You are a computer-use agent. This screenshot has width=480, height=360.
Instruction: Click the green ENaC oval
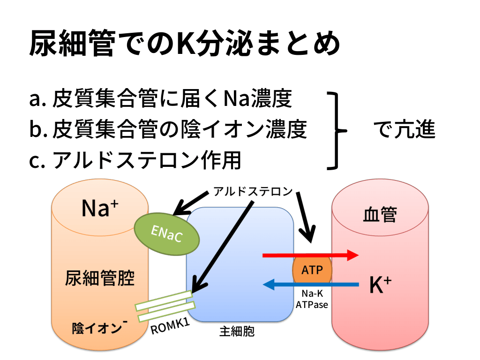click(x=167, y=233)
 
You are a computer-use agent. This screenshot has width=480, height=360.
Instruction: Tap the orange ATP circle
click(x=312, y=270)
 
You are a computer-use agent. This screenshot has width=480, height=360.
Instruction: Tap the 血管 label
click(x=380, y=215)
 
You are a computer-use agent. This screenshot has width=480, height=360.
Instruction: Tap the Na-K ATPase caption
click(x=312, y=299)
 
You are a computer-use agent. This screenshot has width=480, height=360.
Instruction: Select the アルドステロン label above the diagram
click(x=253, y=191)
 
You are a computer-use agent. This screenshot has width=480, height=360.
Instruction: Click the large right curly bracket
click(x=337, y=130)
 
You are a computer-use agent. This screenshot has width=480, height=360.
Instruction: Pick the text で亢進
click(x=404, y=130)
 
